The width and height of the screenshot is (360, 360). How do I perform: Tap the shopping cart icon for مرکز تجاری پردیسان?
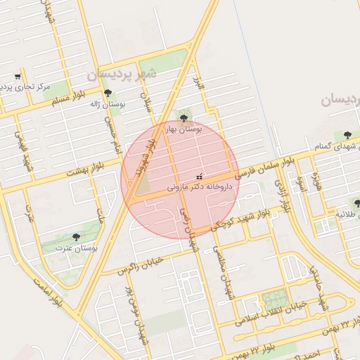pos(18,77)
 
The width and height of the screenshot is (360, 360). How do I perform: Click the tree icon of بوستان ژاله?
pos(108,93)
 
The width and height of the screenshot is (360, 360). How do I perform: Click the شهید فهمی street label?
pos(25,147)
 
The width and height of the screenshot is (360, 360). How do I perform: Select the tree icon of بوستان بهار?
pos(184,118)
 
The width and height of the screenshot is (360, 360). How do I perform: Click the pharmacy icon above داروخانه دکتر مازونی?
pos(199,176)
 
